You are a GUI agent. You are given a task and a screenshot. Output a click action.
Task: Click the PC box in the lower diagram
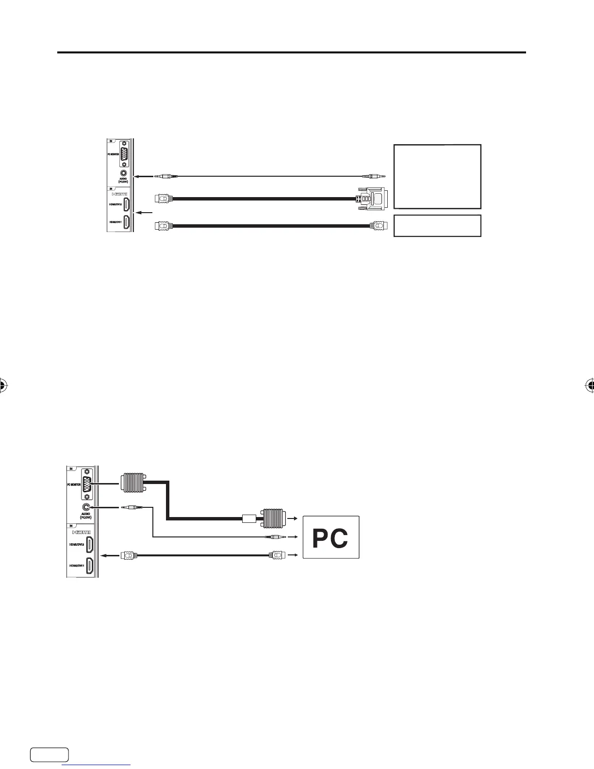(x=331, y=537)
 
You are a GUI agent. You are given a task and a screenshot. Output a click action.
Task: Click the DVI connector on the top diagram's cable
(x=372, y=199)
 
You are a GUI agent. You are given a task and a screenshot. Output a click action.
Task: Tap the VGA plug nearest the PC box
(x=274, y=518)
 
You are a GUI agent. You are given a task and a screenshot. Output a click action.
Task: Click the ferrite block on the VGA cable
(x=248, y=518)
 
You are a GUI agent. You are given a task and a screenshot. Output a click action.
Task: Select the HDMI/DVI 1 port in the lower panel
(x=90, y=566)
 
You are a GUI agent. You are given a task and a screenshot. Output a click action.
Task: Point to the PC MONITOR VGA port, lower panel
(x=87, y=484)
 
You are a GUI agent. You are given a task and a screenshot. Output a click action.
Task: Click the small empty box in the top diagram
(x=437, y=226)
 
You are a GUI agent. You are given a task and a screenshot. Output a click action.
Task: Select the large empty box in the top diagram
(x=437, y=176)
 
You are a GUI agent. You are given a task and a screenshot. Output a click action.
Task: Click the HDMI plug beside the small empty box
(x=378, y=226)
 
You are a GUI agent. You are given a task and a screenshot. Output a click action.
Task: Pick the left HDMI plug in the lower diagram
(x=129, y=555)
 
